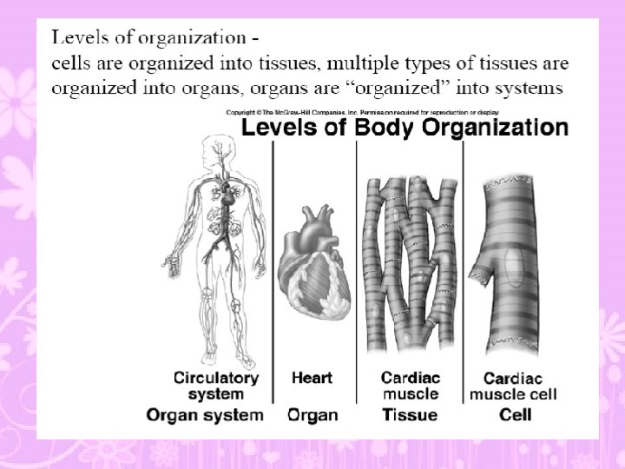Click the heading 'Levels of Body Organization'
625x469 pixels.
click(x=404, y=129)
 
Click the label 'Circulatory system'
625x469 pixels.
click(x=216, y=385)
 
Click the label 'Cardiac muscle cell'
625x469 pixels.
click(x=515, y=386)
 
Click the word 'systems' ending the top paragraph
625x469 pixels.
click(x=531, y=88)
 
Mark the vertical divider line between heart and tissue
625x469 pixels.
click(x=357, y=269)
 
